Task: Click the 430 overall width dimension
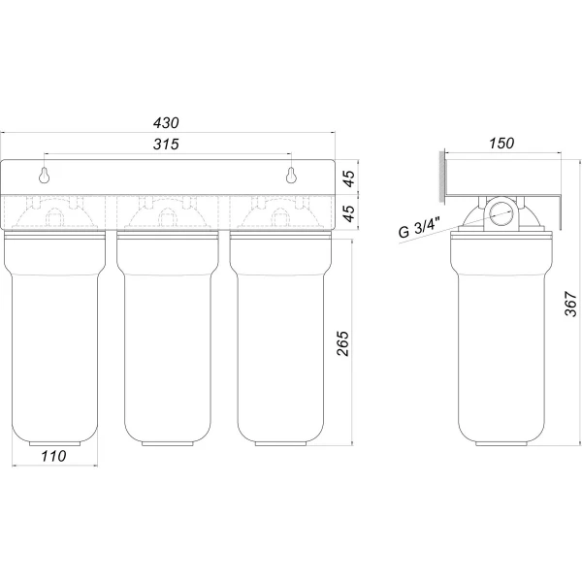click(166, 123)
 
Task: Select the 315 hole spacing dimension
click(166, 144)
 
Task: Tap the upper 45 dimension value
click(349, 178)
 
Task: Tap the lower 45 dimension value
click(349, 213)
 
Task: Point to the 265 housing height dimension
click(343, 343)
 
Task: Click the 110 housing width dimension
click(53, 456)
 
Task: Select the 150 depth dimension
click(501, 144)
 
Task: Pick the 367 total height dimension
click(571, 304)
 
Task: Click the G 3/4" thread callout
click(419, 227)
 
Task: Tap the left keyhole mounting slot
click(45, 176)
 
